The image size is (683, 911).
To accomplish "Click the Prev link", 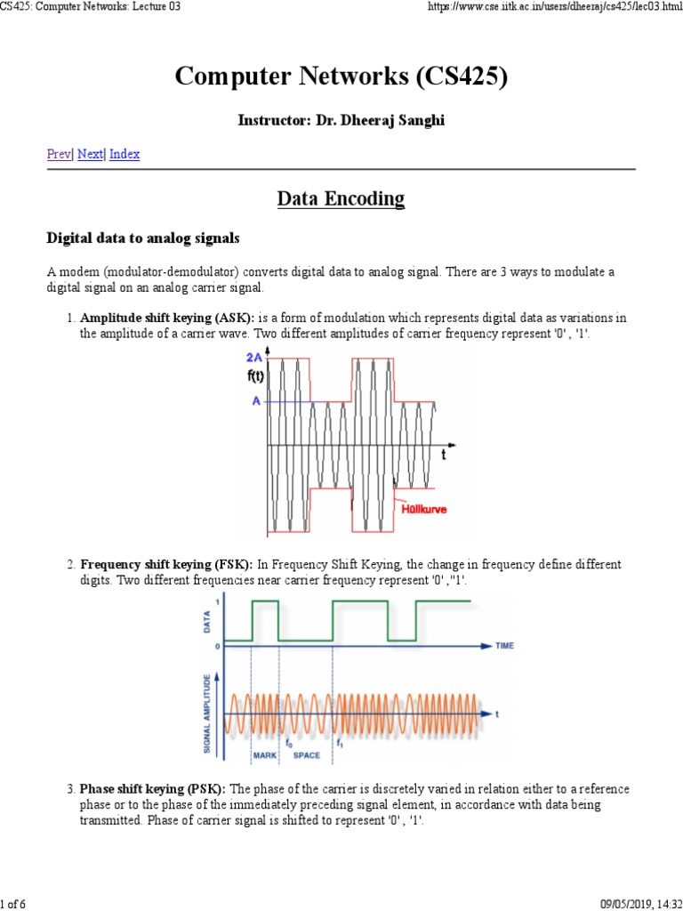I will pos(58,154).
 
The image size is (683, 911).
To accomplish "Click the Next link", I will pos(90,154).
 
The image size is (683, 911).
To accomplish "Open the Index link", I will pos(125,154).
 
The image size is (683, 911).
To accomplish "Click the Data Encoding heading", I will pos(341,198).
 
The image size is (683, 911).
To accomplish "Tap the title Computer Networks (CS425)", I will pos(341,77).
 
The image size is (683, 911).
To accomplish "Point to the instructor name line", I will pos(341,120).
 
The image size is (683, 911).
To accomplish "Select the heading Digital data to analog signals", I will pos(142,238).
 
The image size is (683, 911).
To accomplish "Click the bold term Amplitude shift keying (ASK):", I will pos(167,318).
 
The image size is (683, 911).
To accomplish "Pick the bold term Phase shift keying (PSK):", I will pos(154,789).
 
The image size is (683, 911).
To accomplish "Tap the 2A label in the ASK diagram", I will pos(254,358).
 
